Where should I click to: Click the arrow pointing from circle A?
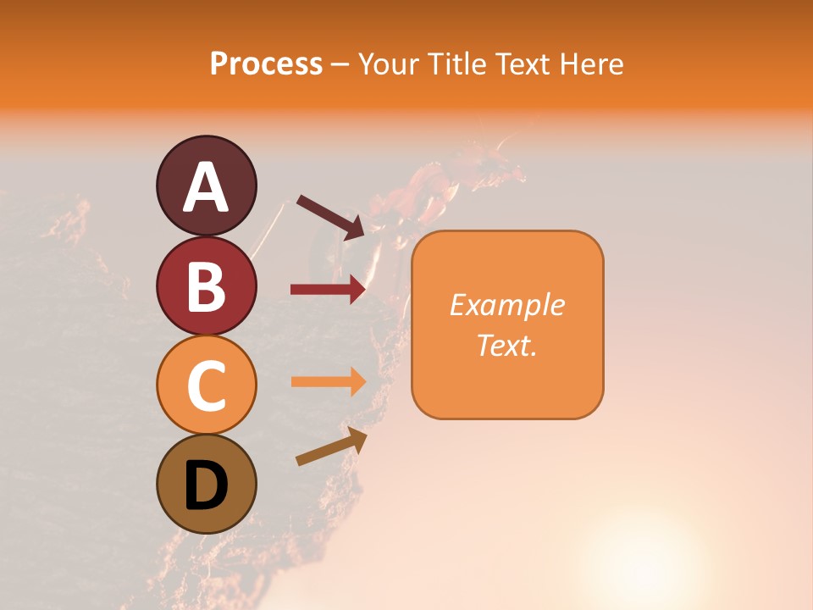pyautogui.click(x=331, y=217)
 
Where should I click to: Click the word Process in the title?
pyautogui.click(x=266, y=64)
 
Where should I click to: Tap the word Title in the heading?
pyautogui.click(x=457, y=64)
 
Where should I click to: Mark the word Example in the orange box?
pyautogui.click(x=506, y=305)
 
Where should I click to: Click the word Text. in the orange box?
pyautogui.click(x=506, y=345)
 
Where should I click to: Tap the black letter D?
pyautogui.click(x=207, y=486)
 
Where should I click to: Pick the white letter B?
pyautogui.click(x=207, y=287)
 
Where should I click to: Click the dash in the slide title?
pyautogui.click(x=340, y=64)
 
